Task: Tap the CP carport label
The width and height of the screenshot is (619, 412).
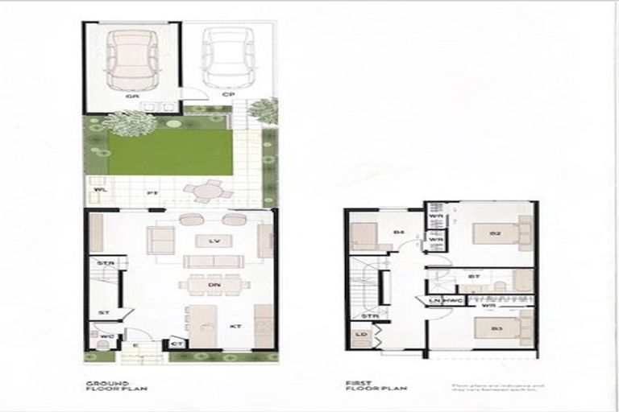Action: pyautogui.click(x=228, y=95)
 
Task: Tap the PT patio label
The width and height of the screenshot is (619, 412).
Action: pyautogui.click(x=151, y=194)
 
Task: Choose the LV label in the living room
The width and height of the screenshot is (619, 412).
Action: pyautogui.click(x=214, y=241)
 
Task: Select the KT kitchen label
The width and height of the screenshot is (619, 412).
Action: pyautogui.click(x=236, y=327)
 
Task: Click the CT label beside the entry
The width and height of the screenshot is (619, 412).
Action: pyautogui.click(x=177, y=344)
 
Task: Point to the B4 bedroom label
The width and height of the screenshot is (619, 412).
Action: pyautogui.click(x=398, y=233)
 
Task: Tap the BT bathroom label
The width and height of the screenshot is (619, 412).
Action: pyautogui.click(x=472, y=278)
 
